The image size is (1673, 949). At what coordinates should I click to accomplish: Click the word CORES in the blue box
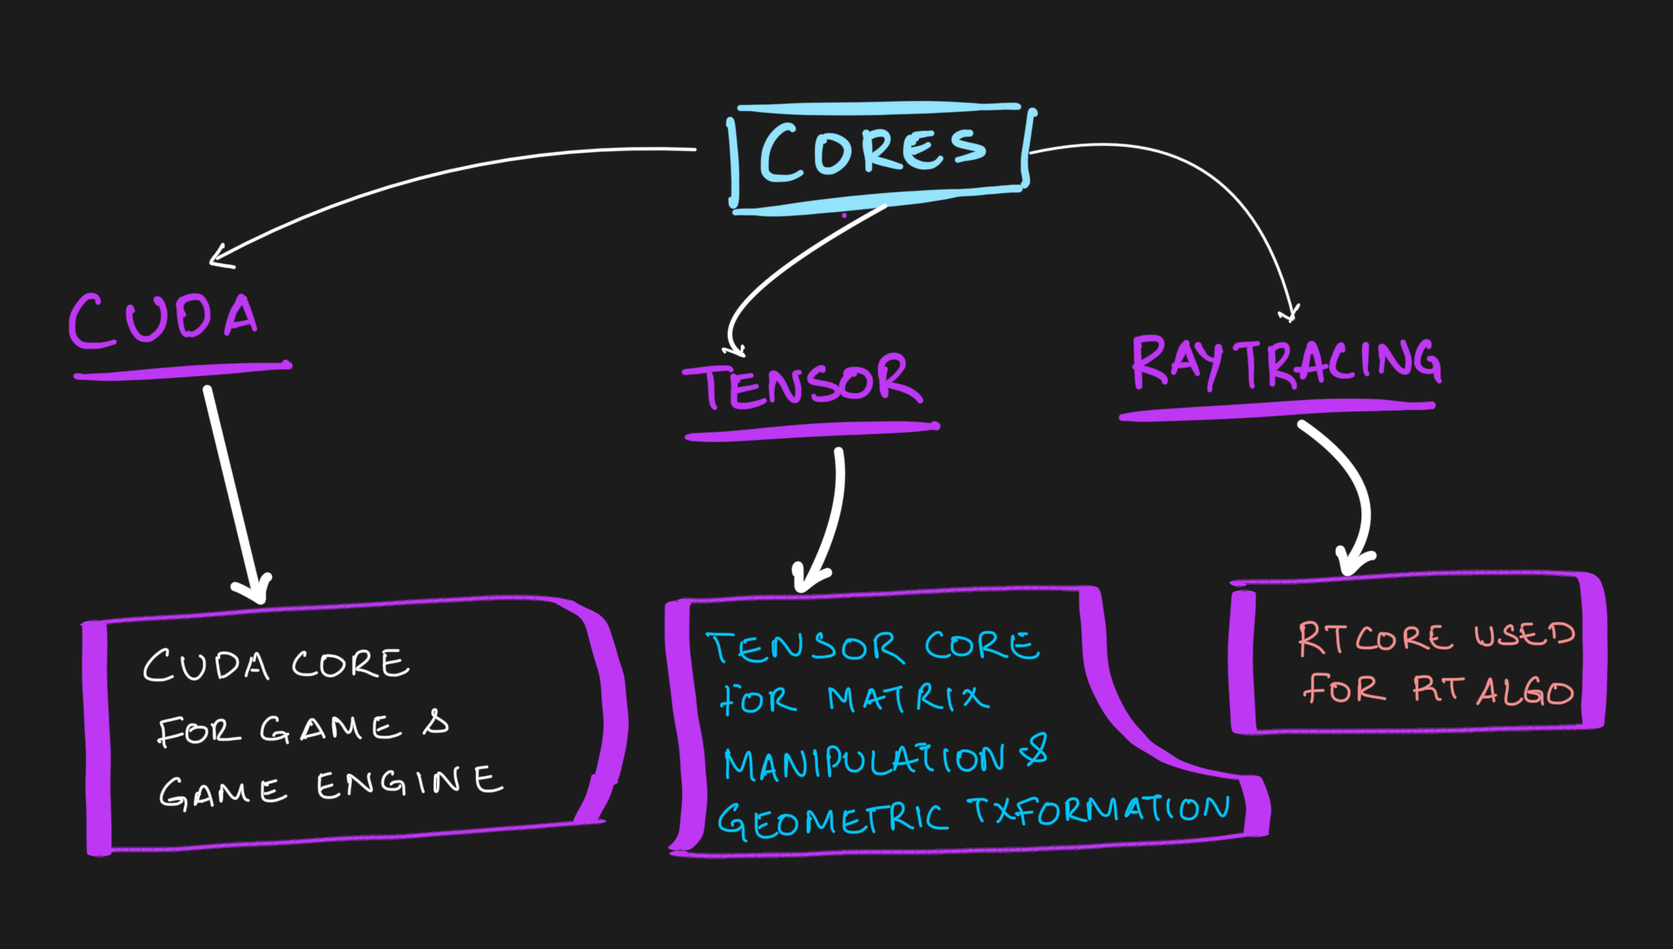872,153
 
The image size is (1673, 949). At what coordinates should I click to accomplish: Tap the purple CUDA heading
163,318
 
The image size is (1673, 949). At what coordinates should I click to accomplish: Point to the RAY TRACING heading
1286,362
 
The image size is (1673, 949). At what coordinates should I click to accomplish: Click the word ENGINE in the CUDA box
409,783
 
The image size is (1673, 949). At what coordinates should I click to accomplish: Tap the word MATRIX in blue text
907,698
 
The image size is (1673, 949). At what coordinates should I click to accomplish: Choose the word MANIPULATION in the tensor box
864,761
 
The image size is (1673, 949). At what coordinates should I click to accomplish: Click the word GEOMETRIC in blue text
831,820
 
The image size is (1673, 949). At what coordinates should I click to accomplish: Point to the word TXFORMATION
1099,810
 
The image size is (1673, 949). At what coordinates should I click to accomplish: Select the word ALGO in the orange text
1524,692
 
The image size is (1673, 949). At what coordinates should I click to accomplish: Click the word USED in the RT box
1524,635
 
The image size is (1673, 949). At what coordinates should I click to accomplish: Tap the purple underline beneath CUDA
182,371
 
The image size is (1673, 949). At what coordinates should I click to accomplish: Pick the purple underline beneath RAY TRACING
1277,410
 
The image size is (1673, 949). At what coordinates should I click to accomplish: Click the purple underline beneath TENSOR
812,431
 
